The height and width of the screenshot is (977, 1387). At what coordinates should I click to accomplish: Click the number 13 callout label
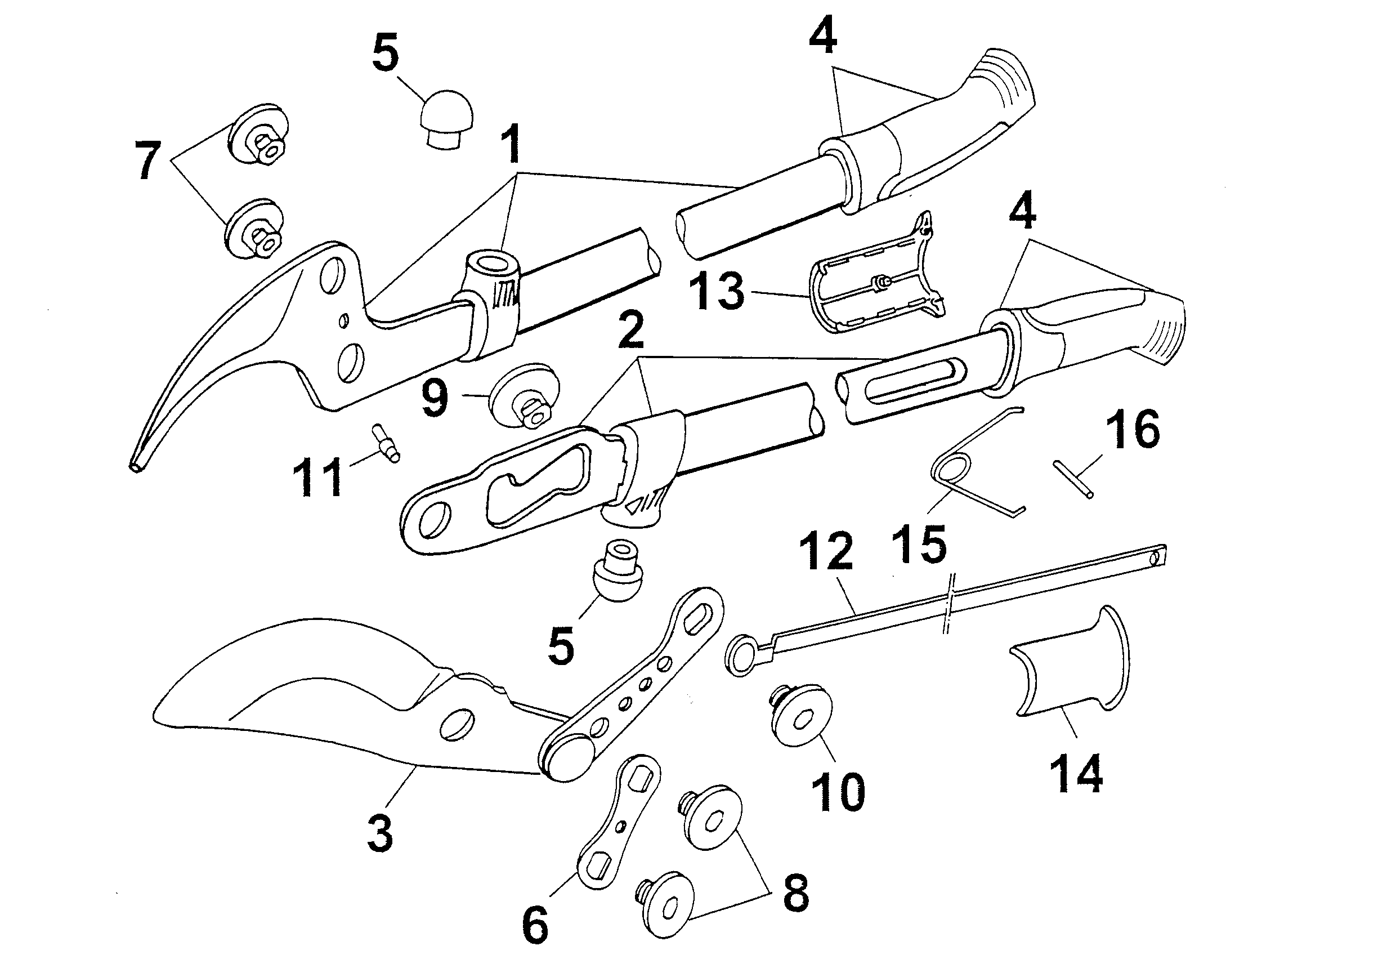click(x=717, y=291)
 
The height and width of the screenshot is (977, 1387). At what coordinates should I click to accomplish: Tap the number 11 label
click(x=319, y=477)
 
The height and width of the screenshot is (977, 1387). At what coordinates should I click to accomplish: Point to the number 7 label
click(x=148, y=160)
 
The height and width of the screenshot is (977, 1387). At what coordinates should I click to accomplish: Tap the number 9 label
click(x=435, y=399)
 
